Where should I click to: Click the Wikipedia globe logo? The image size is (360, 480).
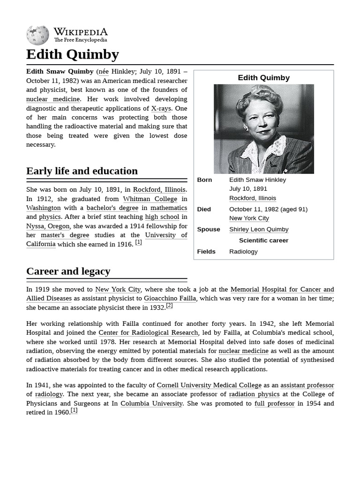click(37, 36)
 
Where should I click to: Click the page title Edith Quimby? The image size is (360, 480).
click(73, 54)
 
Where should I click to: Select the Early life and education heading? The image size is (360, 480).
click(82, 171)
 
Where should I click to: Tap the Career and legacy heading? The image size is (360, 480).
click(68, 271)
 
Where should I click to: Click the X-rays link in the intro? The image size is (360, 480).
click(161, 108)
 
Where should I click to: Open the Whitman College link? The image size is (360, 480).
click(150, 199)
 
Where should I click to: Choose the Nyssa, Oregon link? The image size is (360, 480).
click(48, 226)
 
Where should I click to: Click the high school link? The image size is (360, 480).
click(162, 217)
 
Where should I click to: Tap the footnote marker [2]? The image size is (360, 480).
click(169, 306)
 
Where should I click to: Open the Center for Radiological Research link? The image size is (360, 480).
click(148, 332)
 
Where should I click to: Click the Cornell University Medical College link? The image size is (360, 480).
click(209, 385)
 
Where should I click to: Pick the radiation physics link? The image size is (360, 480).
click(254, 394)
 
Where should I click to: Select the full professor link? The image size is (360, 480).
click(274, 403)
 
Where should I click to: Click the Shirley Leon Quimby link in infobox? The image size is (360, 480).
click(259, 229)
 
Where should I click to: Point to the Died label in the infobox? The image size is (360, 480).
click(204, 209)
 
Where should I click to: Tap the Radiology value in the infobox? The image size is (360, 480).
click(243, 251)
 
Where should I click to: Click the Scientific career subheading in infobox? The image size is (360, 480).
click(263, 240)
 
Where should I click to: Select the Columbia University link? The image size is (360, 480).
click(151, 403)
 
